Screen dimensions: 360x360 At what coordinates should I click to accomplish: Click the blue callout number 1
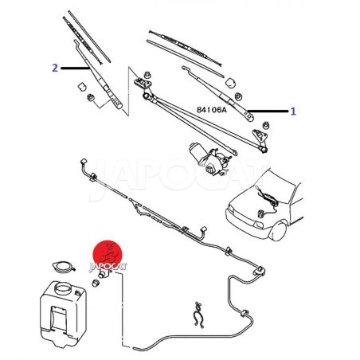coord(293,112)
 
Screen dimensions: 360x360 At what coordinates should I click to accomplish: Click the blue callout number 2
coord(55,68)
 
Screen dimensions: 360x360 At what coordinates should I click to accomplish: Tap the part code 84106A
coord(212,110)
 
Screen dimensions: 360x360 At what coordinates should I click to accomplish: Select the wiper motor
coord(209,158)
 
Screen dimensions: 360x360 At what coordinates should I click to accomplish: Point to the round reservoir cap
coord(63,267)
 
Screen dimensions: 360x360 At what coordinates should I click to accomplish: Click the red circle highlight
coord(108,254)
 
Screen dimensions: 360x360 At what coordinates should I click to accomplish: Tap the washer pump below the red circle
coord(105,274)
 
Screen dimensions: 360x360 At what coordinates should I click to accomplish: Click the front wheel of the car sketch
coord(279,231)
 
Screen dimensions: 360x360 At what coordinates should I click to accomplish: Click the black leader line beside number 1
coord(268,111)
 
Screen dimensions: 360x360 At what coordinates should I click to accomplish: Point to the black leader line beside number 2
coord(75,68)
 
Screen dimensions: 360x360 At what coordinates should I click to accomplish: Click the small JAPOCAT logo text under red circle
coord(108,267)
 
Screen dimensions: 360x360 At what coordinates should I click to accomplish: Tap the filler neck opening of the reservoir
coord(63,288)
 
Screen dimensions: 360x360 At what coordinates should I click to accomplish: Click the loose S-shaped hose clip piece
coord(198,315)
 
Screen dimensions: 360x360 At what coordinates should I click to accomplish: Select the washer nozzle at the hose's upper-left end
coord(84,162)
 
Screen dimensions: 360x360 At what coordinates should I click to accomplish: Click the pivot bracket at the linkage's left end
coord(143,83)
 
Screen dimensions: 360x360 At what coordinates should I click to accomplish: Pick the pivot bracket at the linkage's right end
coord(260,135)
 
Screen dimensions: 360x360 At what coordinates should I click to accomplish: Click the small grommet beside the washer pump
coord(96,283)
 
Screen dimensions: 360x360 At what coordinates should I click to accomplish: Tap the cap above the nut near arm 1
coord(231,82)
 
